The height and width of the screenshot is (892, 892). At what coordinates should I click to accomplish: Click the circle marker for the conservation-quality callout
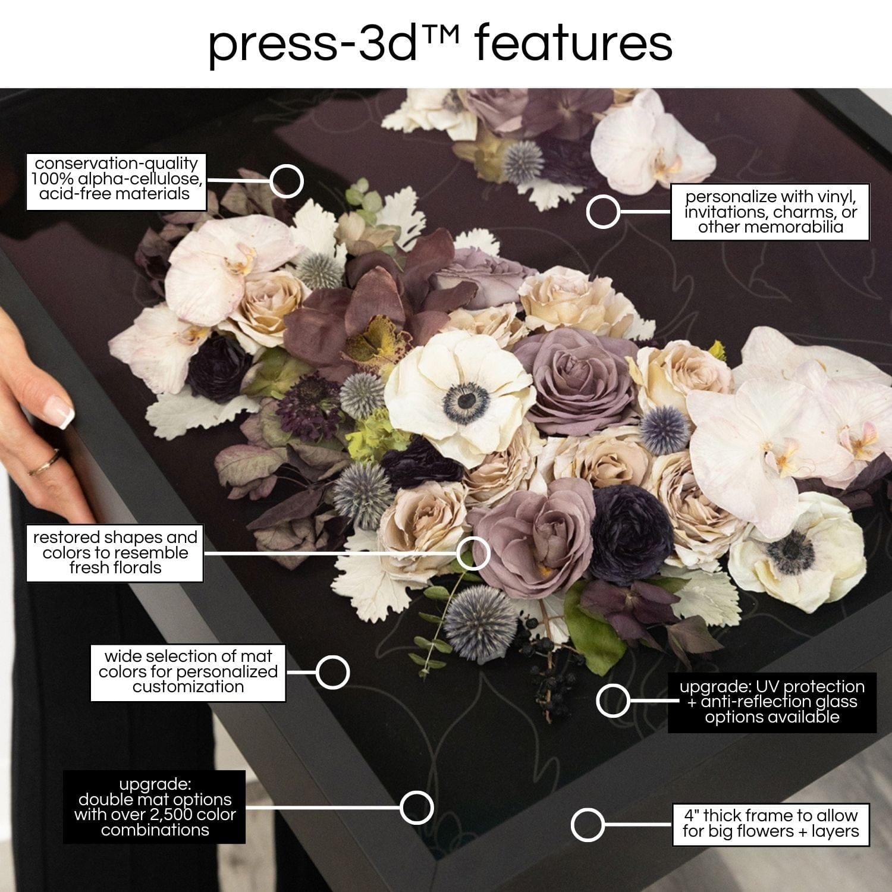[286, 181]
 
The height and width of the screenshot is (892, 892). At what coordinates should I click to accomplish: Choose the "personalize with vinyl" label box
[770, 212]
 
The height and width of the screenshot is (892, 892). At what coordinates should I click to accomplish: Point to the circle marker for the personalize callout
[603, 212]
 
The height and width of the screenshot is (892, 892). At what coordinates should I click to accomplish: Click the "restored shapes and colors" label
[115, 552]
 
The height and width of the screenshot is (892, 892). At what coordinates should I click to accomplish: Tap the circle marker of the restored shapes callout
[473, 553]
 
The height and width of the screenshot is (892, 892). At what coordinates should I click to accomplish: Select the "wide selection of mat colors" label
[188, 672]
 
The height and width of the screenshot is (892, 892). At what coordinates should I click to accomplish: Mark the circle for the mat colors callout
[332, 672]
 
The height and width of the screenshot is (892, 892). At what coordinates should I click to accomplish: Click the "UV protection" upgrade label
[772, 702]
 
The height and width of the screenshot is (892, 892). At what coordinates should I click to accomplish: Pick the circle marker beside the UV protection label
[613, 701]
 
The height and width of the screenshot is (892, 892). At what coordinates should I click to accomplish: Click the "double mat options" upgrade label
[155, 807]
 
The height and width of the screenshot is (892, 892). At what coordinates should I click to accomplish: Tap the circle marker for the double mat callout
[416, 808]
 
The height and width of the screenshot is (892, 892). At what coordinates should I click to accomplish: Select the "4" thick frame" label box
[771, 824]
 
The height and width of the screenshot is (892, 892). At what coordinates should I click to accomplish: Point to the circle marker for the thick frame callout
[588, 825]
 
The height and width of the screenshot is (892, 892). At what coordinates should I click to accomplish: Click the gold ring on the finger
[45, 463]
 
